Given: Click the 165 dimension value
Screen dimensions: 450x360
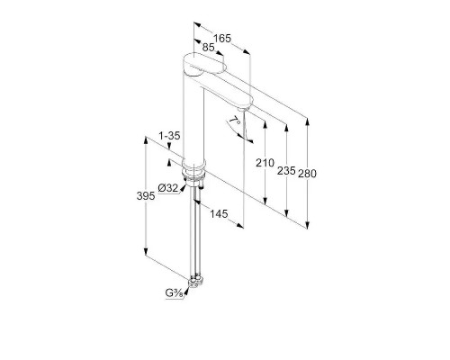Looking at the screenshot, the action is click(222, 39).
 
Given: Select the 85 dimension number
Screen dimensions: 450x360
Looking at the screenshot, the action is click(208, 47).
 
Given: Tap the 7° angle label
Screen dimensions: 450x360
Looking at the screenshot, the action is click(235, 121).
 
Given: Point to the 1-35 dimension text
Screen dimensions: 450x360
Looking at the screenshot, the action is click(169, 136).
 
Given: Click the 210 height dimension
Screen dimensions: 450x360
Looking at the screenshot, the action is click(265, 163).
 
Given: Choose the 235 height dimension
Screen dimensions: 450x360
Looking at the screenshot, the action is click(286, 171).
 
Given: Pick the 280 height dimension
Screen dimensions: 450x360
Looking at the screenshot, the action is click(307, 174).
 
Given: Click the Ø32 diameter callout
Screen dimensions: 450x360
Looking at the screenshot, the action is click(168, 188).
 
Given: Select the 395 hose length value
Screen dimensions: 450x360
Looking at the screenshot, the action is click(146, 196).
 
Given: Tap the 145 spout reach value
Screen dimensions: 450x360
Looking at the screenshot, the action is click(219, 214).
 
